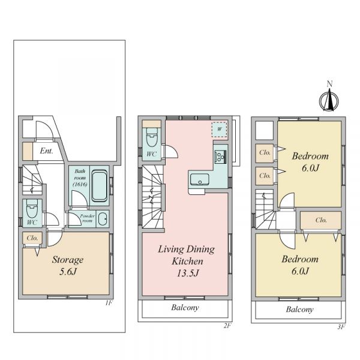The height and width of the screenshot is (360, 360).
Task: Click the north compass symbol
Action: (x=329, y=98)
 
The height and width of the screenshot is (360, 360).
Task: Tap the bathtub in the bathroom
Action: (x=100, y=186)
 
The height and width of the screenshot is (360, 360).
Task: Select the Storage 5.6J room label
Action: (x=67, y=265)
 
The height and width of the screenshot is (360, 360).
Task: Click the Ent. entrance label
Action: (x=46, y=151)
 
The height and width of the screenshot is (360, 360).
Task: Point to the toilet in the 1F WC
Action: (x=32, y=209)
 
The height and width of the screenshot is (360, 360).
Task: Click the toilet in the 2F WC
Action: (x=152, y=137)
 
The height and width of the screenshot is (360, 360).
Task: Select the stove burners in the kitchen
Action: (x=220, y=157)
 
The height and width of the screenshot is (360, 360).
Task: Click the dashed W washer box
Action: (x=220, y=129)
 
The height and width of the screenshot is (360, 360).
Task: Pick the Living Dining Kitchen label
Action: (x=187, y=261)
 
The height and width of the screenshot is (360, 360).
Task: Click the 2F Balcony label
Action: (x=185, y=307)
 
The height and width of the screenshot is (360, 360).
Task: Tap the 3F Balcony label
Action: (x=299, y=310)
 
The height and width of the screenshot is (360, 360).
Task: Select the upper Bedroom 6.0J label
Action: (x=310, y=162)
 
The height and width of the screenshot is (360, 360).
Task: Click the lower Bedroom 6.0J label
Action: (x=300, y=265)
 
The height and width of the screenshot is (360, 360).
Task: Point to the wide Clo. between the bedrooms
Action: (x=321, y=220)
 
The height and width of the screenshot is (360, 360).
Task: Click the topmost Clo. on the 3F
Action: (x=265, y=152)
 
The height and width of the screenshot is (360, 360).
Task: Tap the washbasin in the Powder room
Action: (x=103, y=219)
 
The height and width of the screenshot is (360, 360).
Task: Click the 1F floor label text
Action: (x=109, y=303)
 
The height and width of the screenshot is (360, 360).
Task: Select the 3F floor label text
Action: (x=341, y=327)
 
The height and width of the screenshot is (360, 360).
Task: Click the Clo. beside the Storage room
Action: (x=32, y=238)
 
